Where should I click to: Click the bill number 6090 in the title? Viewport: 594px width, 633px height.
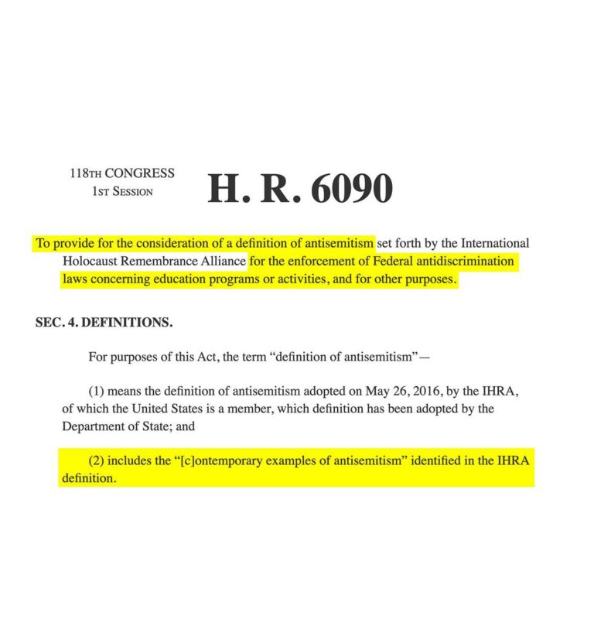(352, 189)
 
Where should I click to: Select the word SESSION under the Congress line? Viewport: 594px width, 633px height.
(132, 192)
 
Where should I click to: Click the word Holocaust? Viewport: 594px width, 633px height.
(90, 262)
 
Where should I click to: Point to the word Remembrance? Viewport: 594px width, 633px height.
(161, 262)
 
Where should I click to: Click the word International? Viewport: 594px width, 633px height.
(496, 243)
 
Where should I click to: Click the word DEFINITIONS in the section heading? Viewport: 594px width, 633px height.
(126, 323)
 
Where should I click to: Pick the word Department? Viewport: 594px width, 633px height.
(91, 426)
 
